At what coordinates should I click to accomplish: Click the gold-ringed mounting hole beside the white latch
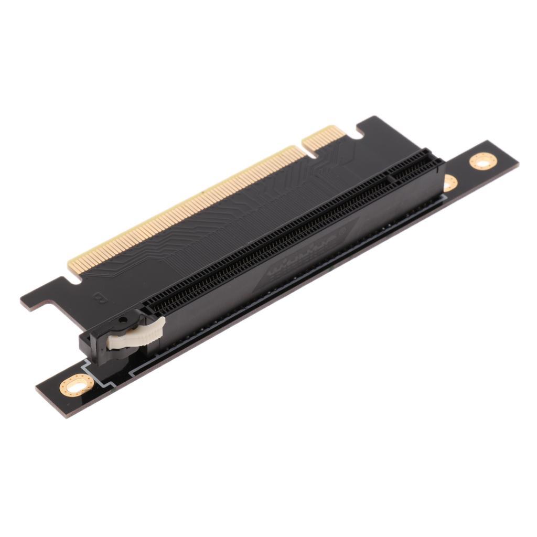click(x=77, y=386)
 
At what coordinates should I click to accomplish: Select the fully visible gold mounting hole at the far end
click(x=482, y=160)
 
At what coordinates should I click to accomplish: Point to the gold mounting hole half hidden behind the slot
click(x=450, y=182)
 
